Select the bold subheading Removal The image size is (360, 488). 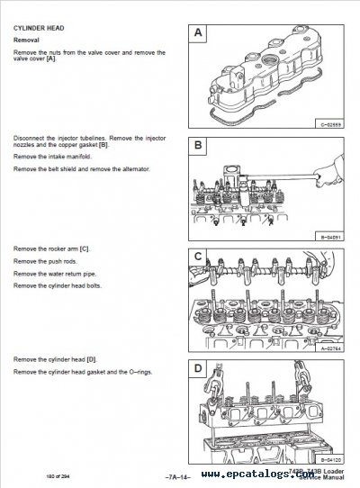click(x=28, y=41)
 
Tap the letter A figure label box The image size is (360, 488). click(x=199, y=33)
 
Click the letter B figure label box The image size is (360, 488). click(x=199, y=146)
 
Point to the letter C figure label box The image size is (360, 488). click(x=199, y=258)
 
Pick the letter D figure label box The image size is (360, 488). click(x=199, y=368)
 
